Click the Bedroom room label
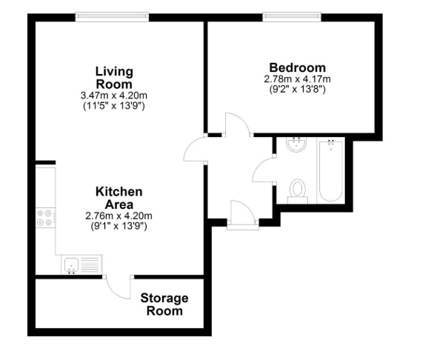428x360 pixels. click(x=297, y=67)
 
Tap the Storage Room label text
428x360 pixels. click(x=164, y=304)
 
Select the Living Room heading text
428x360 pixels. click(x=114, y=78)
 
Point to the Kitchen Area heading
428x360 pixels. click(x=119, y=198)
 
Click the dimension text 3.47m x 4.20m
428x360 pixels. click(x=114, y=96)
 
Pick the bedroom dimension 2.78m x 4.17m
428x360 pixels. click(x=297, y=79)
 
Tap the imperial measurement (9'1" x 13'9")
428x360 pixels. click(x=118, y=226)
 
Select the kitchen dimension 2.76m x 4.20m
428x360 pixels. click(x=118, y=216)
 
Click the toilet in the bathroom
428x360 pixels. click(x=298, y=191)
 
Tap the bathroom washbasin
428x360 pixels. click(x=296, y=144)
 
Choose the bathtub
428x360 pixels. click(x=330, y=170)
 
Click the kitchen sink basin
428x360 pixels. click(x=72, y=264)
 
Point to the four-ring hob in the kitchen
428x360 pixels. click(x=45, y=218)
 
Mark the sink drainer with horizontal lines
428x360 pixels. click(x=90, y=264)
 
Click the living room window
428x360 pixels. click(x=113, y=17)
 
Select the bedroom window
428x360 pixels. click(x=292, y=17)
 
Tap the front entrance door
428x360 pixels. click(x=243, y=214)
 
